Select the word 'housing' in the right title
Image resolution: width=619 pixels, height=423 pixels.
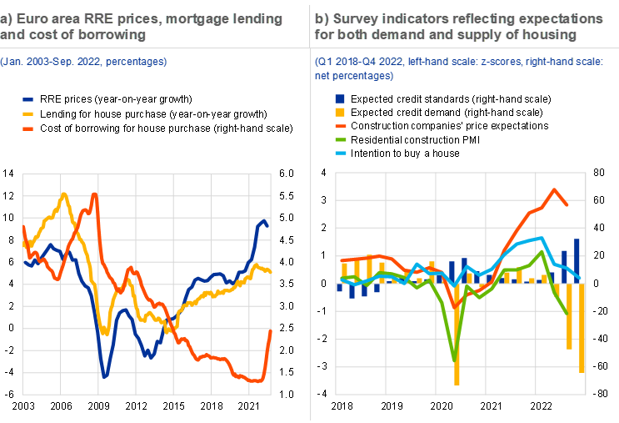click(x=552, y=34)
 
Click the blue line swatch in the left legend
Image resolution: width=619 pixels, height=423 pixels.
click(x=27, y=99)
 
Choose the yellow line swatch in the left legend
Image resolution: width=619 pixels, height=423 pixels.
click(x=27, y=113)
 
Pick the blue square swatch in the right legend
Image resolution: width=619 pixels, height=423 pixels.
click(x=339, y=98)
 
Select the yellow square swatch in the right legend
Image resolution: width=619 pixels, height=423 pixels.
click(x=339, y=112)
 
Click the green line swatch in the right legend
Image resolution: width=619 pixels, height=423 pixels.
click(x=339, y=139)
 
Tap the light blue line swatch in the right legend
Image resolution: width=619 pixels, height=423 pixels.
click(x=339, y=153)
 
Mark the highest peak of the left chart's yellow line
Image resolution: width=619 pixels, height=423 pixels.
click(x=64, y=194)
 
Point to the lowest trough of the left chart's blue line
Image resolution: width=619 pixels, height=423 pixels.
click(x=105, y=376)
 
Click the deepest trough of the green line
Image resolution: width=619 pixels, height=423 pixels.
click(x=456, y=360)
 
